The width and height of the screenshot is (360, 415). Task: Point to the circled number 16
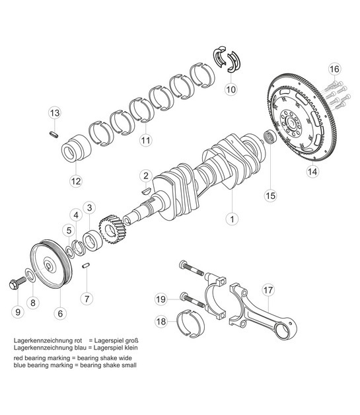point(334,69)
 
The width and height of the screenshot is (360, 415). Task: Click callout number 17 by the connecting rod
point(268,289)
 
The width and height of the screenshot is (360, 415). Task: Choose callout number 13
point(54,113)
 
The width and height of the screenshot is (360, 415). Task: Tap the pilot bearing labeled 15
point(269,139)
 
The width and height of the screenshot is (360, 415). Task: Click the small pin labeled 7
point(86,266)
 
